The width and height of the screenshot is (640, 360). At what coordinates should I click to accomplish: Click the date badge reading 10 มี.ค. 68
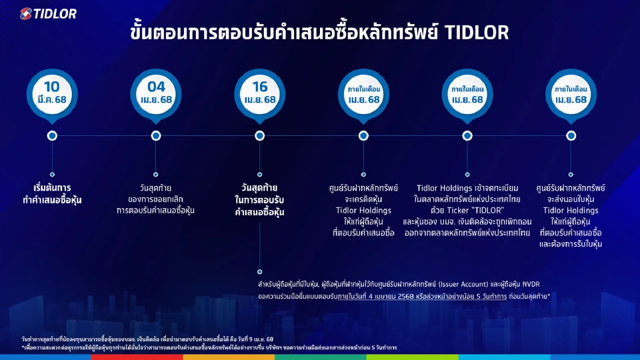point(51,93)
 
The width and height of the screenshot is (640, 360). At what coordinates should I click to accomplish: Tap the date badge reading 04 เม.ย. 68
point(156,93)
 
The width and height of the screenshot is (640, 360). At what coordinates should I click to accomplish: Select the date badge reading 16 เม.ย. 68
point(260,93)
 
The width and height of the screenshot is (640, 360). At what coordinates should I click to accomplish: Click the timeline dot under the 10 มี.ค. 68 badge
point(52,135)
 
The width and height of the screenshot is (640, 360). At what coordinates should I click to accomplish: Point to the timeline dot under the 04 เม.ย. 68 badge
point(156,135)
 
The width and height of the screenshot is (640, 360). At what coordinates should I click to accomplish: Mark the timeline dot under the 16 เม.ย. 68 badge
point(260,135)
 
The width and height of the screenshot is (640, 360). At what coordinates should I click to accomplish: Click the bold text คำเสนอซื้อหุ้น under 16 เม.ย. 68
point(259,212)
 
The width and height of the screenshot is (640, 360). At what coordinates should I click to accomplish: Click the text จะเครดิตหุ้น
point(364,199)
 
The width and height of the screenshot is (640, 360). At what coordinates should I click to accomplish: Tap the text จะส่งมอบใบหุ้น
point(571,199)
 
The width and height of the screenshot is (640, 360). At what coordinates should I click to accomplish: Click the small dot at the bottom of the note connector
point(260,271)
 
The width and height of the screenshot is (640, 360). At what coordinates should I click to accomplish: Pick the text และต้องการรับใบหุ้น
point(571,245)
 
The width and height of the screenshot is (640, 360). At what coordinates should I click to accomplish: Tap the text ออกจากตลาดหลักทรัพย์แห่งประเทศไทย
point(467,233)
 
